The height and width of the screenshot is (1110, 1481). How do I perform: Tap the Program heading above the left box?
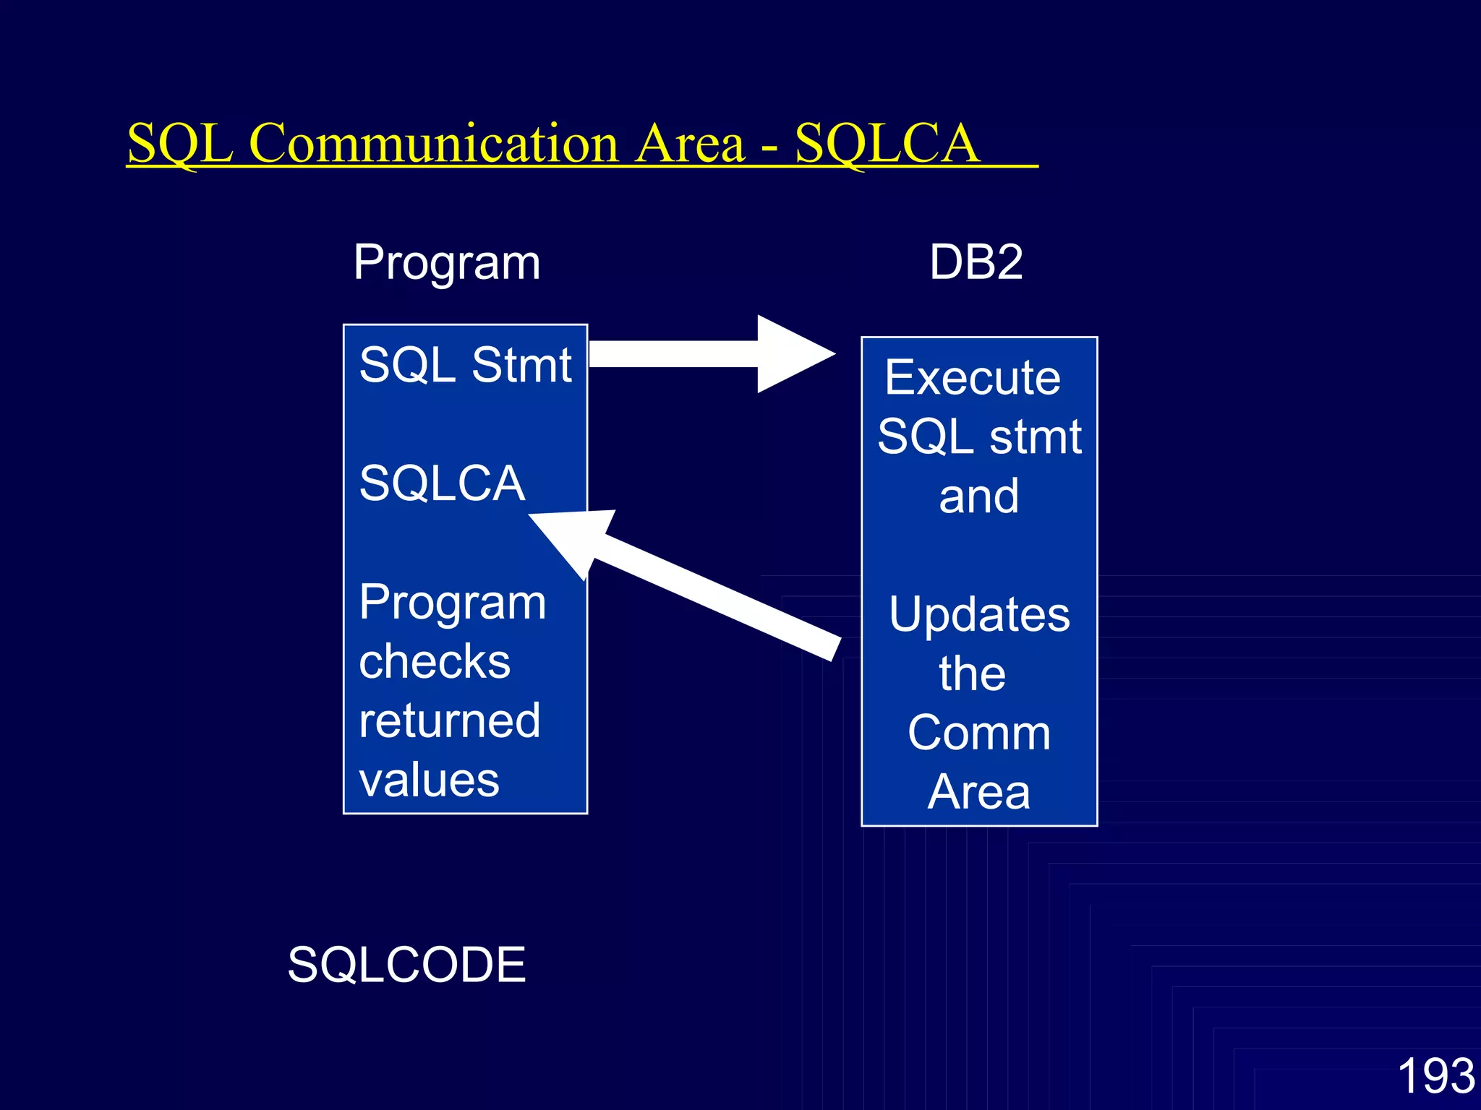(x=447, y=262)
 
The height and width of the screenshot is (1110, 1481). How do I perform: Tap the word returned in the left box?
(x=449, y=720)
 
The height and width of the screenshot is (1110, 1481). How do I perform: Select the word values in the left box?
(x=429, y=780)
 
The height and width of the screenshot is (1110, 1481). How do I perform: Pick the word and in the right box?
(x=978, y=496)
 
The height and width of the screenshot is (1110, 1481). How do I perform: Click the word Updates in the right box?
(x=979, y=615)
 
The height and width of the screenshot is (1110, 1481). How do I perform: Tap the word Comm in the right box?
(x=979, y=733)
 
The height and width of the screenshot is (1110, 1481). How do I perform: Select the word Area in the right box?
(x=978, y=792)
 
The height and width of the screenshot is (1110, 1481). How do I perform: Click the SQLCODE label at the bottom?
(x=406, y=965)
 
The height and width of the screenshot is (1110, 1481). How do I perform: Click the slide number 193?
(x=1435, y=1076)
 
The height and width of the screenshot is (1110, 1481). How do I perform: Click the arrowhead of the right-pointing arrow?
(x=792, y=354)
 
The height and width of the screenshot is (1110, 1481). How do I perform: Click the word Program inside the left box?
(x=453, y=602)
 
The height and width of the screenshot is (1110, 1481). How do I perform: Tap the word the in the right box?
(x=972, y=674)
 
